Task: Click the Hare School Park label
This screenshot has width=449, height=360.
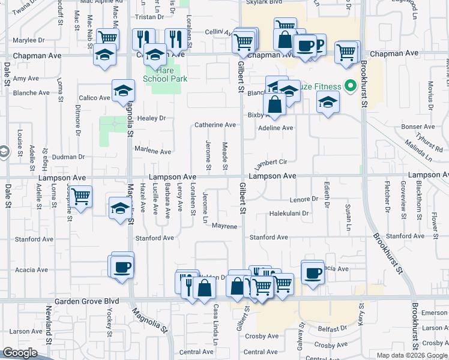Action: coord(165,74)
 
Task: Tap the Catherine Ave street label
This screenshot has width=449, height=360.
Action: coord(214,125)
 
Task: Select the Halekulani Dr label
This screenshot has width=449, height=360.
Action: coord(289,213)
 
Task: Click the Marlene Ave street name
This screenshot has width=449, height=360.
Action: coord(152,151)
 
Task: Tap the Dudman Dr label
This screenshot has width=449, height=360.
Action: coord(68,157)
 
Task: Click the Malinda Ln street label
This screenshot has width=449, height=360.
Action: coord(418,149)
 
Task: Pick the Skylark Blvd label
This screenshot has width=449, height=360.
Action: coord(264,2)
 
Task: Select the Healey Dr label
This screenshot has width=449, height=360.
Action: coord(151,119)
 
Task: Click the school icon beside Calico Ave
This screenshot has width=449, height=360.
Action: coord(123,91)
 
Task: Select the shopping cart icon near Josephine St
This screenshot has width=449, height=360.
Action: coord(80,196)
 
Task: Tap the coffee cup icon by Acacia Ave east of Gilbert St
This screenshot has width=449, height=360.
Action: coord(313,273)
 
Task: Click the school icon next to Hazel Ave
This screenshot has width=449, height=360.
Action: coord(120,209)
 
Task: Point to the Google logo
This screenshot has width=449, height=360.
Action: coord(20,353)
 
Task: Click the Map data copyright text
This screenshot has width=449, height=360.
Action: coord(411,355)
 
